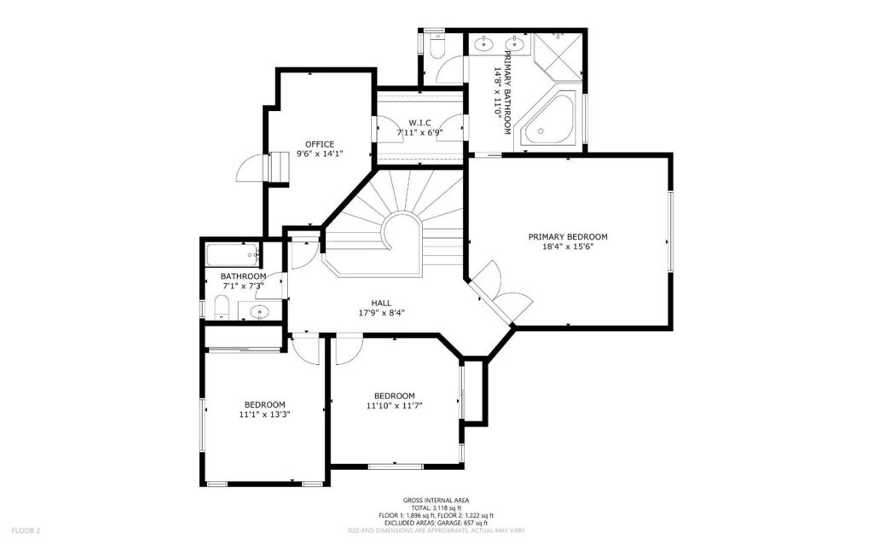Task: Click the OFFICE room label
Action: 320,144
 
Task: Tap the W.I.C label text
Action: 419,123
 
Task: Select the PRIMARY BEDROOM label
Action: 568,237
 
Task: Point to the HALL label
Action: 381,303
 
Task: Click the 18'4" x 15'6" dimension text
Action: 568,246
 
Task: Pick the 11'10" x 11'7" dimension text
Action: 394,406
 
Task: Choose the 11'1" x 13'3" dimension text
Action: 265,415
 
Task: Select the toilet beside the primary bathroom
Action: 437,45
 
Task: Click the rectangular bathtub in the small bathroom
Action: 234,256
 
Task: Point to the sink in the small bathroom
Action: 259,311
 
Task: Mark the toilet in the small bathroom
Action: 222,307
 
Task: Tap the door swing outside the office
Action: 249,167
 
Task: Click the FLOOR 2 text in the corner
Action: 26,531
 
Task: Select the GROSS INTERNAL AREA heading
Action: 436,501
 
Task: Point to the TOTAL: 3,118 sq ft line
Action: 436,508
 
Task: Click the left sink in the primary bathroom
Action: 485,43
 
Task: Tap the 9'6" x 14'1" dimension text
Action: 320,154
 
